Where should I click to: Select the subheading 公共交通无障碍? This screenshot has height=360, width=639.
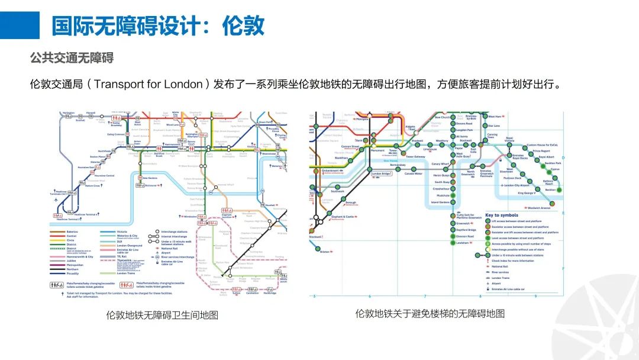(72, 58)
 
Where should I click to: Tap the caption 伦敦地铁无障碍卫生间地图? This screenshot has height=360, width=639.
(162, 314)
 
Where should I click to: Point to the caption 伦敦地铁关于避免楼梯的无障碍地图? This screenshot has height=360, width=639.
(430, 313)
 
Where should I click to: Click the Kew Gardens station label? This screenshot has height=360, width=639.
(150, 178)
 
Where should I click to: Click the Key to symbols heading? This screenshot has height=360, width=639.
(502, 215)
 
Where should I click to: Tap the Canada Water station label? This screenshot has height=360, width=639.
(413, 173)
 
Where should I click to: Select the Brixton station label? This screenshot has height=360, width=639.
(325, 252)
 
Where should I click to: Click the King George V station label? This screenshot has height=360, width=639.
(526, 193)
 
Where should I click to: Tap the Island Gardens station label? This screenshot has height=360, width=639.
(441, 202)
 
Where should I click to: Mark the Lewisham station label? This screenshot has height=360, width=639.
(462, 243)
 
